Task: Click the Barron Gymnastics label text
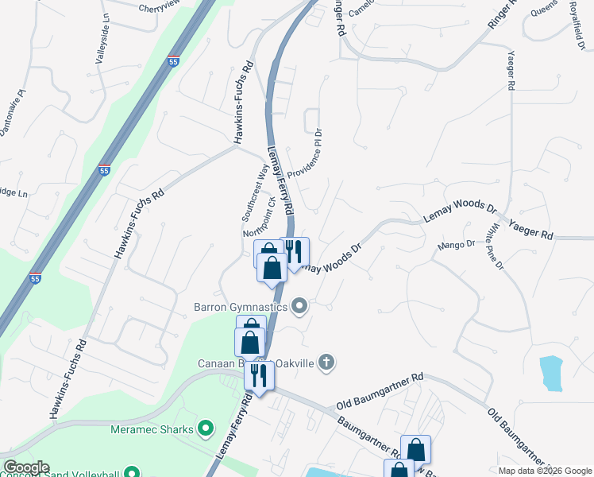point(240,305)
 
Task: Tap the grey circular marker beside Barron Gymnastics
point(299,305)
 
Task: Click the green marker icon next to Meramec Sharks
point(206,430)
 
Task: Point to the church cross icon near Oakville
point(326,363)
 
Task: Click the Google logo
point(25,467)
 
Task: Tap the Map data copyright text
point(544,471)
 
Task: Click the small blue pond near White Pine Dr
point(550,372)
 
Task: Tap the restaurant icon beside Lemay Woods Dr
point(295,252)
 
